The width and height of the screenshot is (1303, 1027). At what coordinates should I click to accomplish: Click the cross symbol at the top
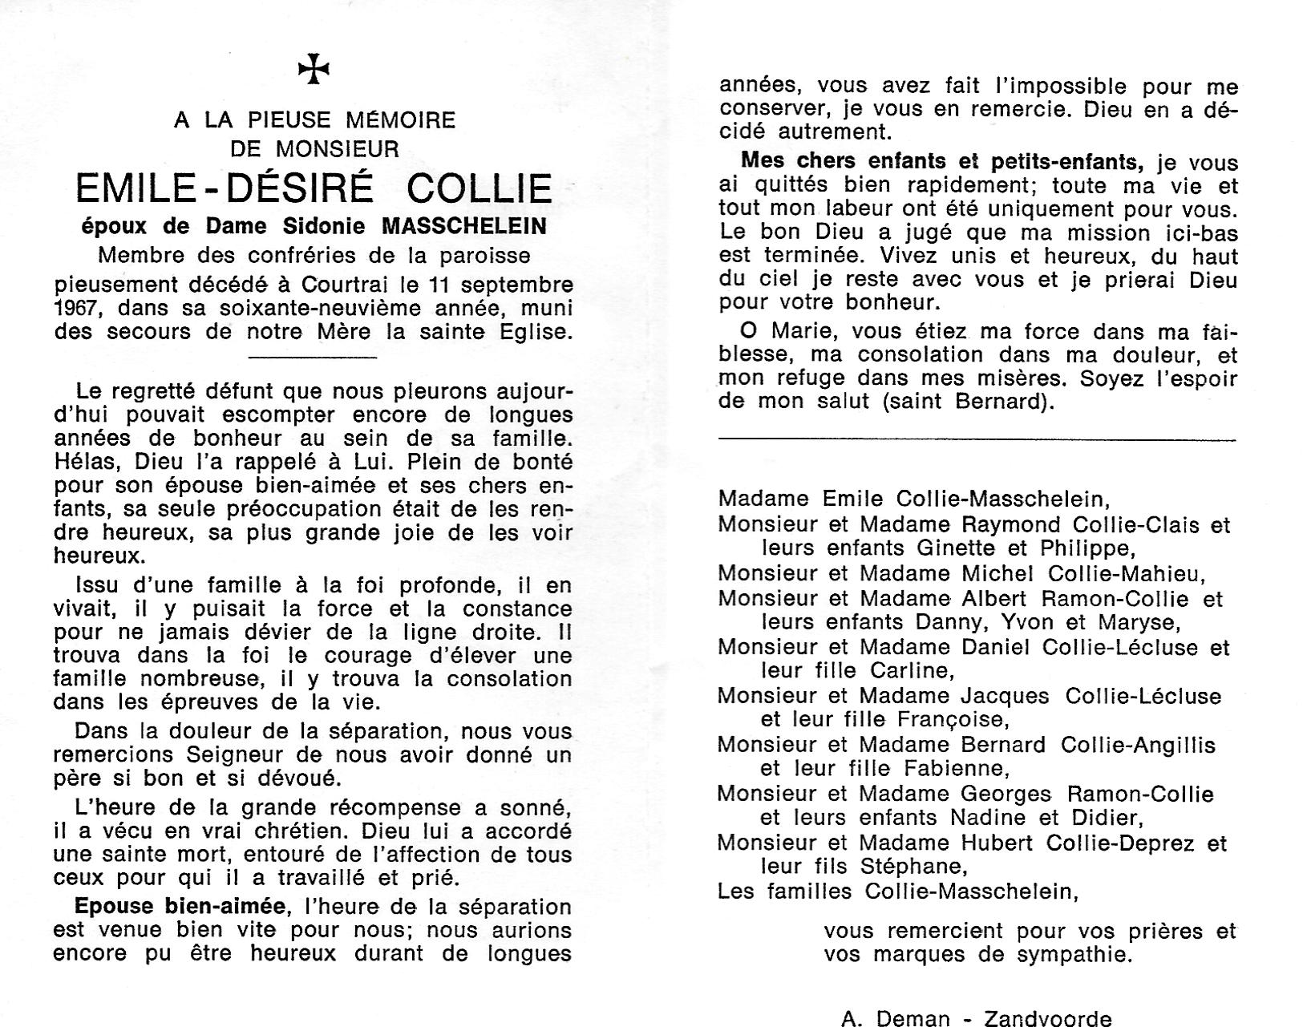coord(314,71)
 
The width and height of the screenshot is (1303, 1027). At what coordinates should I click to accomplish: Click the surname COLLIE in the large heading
coord(480,189)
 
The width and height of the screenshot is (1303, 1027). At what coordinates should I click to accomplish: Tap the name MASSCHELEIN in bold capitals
coord(464,227)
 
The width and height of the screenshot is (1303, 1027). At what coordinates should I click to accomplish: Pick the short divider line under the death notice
coord(313,357)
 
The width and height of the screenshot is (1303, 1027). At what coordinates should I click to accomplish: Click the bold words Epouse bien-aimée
coord(180,907)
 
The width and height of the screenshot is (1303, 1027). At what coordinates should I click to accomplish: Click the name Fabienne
coord(955,769)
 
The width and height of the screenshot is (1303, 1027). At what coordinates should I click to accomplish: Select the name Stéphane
coord(911,867)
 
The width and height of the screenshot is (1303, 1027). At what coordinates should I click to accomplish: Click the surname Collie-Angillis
coord(1138,745)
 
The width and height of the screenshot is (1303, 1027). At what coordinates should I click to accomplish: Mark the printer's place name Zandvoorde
coord(1048,1019)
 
